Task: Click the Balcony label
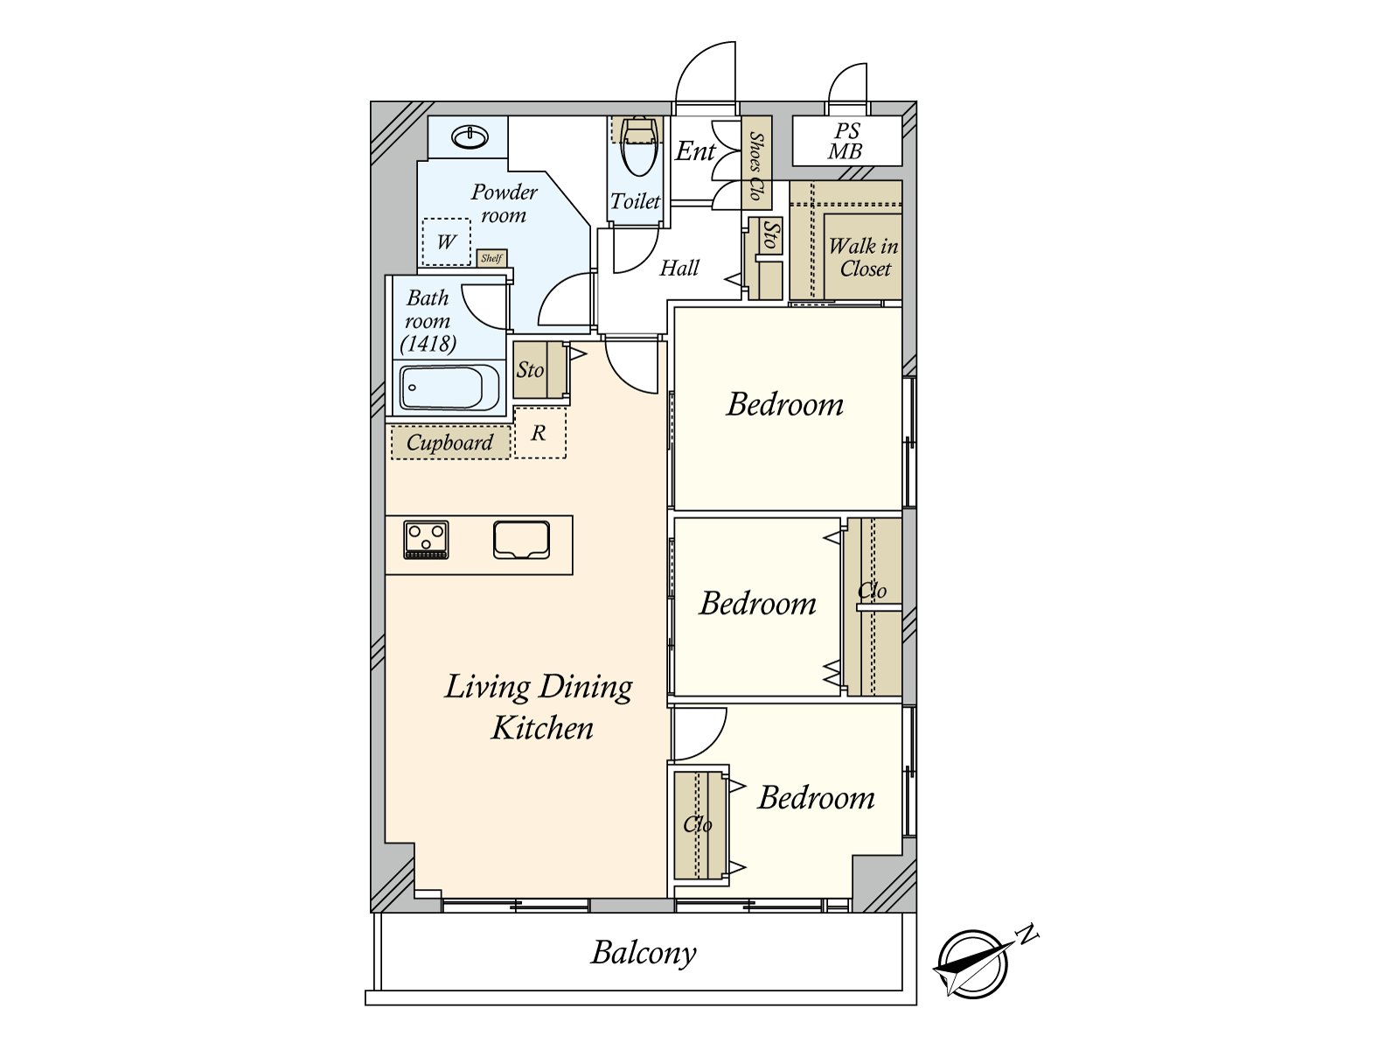(643, 954)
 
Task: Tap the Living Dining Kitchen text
(539, 707)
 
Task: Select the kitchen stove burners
(426, 540)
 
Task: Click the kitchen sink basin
(521, 540)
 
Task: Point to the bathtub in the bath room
(450, 388)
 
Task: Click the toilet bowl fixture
(638, 148)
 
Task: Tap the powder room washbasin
(470, 137)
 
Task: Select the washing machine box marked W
(446, 241)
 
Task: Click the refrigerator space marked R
(539, 433)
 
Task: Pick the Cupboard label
(450, 443)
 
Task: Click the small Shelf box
(492, 258)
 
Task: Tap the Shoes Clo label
(756, 164)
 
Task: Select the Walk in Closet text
(864, 257)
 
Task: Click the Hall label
(679, 268)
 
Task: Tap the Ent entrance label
(695, 151)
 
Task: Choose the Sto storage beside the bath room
(530, 370)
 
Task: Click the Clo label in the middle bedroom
(872, 591)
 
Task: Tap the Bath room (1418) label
(428, 320)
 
